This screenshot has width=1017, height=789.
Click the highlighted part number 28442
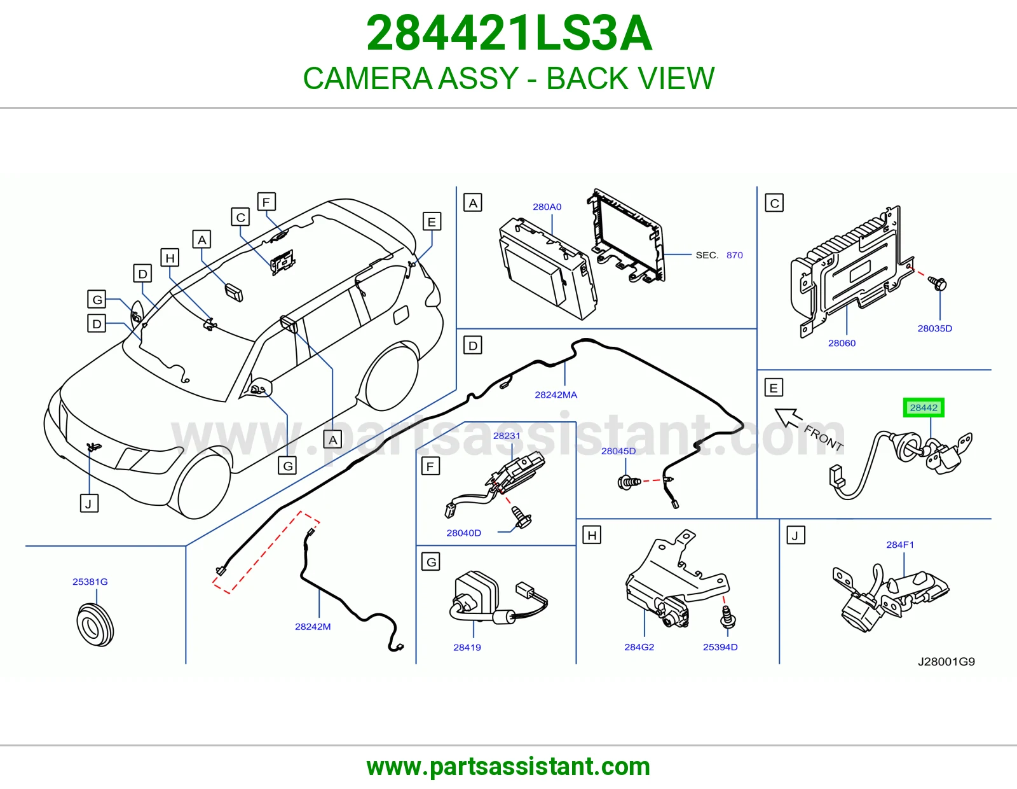pos(924,408)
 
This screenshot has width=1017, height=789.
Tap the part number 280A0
pos(547,207)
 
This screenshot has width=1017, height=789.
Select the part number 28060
pos(842,343)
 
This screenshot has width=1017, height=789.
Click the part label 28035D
pos(934,328)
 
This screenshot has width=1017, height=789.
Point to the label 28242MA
pos(556,395)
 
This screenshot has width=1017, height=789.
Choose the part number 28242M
pos(313,626)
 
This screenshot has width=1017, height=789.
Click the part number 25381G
pos(90,582)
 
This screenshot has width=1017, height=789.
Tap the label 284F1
pos(900,545)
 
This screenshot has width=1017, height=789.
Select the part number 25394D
pos(720,647)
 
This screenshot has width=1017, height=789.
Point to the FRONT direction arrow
pos(789,418)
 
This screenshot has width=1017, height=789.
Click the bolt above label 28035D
pos(938,283)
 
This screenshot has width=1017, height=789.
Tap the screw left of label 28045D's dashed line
pos(629,482)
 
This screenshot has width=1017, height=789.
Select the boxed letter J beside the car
pos(89,503)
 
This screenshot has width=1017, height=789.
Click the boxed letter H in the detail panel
pos(592,535)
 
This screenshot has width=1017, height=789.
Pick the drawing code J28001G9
pos(946,662)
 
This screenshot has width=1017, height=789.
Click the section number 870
pos(734,255)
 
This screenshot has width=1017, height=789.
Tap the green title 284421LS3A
pos(508,33)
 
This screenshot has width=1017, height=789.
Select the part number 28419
pos(467,648)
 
